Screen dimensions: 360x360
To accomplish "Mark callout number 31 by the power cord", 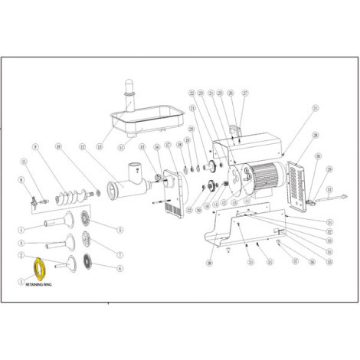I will [330, 189].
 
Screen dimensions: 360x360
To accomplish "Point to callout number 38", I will [208, 263].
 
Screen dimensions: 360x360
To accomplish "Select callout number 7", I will [120, 254].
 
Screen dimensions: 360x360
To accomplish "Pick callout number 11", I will [25, 162].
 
